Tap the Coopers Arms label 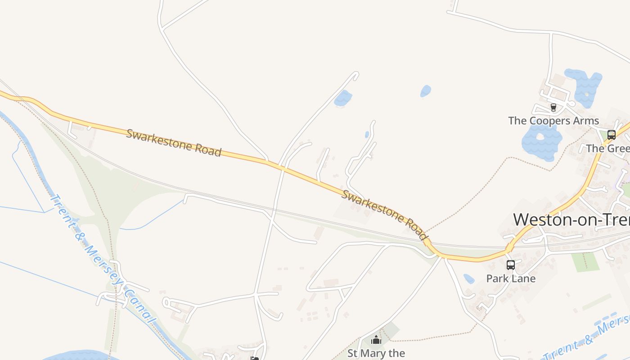[x=553, y=121]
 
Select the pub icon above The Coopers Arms [x=553, y=108]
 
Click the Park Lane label [x=511, y=279]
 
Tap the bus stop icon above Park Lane [x=510, y=265]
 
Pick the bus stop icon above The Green [x=611, y=135]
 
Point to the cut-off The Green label [x=607, y=148]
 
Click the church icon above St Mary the [x=376, y=340]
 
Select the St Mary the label [x=376, y=353]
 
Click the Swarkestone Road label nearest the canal [x=174, y=143]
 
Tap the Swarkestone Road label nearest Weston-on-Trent [x=384, y=215]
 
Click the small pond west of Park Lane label [x=469, y=279]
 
